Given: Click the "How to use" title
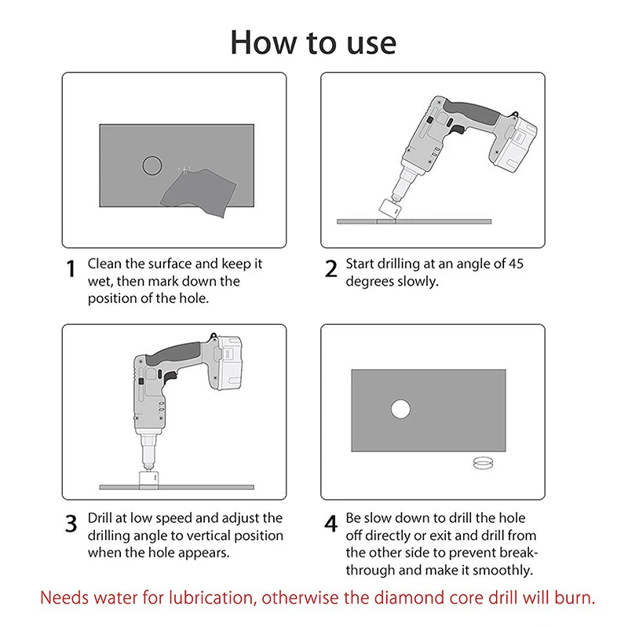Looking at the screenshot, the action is (313, 42).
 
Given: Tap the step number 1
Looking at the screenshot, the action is (71, 268).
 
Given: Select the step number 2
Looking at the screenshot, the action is (330, 268).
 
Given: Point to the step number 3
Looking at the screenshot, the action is (71, 523).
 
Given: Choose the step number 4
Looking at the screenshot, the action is (330, 523).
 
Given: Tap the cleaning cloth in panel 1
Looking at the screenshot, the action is (199, 192).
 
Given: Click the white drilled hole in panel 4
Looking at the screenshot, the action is (400, 409).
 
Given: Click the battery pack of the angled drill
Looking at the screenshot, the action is (514, 146).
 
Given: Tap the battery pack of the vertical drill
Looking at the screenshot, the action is (225, 363).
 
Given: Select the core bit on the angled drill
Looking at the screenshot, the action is (389, 209).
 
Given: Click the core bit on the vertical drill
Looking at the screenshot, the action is (148, 479).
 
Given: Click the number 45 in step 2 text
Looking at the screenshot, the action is (516, 264).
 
